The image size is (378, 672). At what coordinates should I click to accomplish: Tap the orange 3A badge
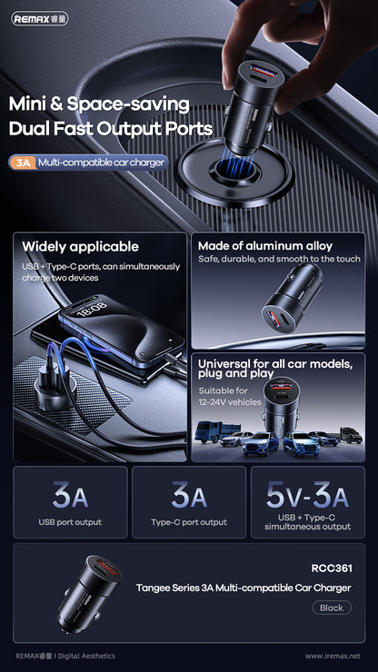point(21,163)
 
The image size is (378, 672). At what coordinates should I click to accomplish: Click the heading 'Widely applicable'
point(80,246)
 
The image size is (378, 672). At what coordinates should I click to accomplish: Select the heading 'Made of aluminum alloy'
point(264,246)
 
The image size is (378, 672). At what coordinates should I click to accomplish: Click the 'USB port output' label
point(70,522)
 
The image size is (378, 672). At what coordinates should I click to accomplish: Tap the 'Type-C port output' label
point(189,522)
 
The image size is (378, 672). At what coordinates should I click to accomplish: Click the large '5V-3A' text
point(307,496)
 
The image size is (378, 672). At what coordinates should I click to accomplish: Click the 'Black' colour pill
point(331,608)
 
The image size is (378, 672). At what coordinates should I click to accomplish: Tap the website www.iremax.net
point(333,656)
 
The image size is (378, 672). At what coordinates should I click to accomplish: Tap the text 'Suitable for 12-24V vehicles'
point(228,396)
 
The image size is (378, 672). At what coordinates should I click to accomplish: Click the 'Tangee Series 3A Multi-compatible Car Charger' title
point(243,588)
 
